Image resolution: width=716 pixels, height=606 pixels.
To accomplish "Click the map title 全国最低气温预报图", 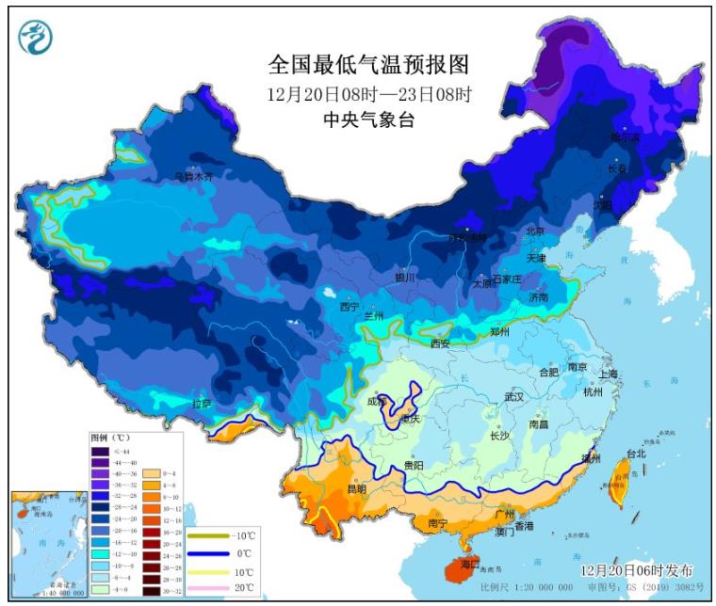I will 368,65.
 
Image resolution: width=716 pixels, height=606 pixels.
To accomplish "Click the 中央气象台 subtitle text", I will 368,120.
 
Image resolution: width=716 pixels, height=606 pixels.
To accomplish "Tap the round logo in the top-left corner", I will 36,37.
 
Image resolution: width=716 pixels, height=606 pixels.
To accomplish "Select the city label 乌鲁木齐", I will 194,176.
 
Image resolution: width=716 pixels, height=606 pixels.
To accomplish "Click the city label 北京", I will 535,231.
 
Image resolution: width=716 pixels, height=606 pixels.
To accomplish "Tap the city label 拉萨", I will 202,404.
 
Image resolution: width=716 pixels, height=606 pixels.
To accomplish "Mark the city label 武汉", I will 513,397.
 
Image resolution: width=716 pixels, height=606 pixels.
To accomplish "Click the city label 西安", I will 440,343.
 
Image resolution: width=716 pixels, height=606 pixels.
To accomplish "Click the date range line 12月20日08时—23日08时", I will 368,94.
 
